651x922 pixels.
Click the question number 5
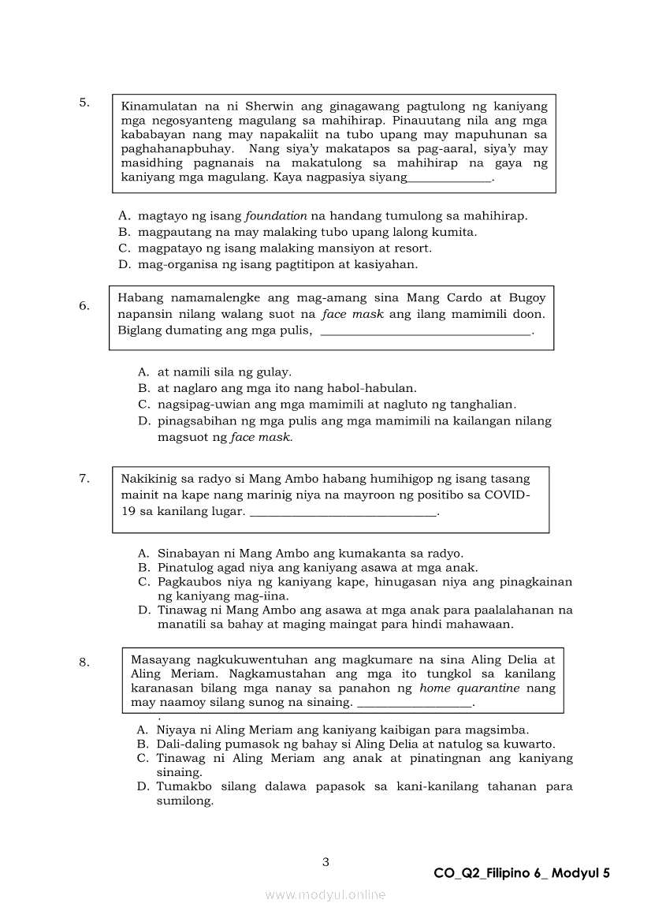click(x=84, y=103)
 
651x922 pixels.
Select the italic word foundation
click(x=277, y=215)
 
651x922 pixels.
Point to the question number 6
click(x=84, y=306)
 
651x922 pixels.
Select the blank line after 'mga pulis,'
click(x=427, y=332)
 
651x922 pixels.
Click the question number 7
click(x=84, y=478)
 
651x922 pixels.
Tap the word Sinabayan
click(x=187, y=553)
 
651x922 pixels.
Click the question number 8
click(x=84, y=663)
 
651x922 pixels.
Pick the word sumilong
click(x=185, y=801)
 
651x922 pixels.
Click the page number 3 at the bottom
click(x=325, y=862)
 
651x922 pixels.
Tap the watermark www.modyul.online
click(x=325, y=894)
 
